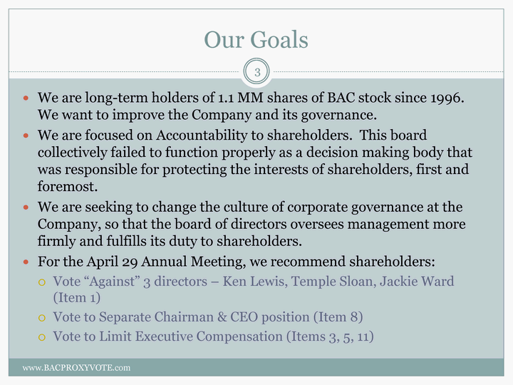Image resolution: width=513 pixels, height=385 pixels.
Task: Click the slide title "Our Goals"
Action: coord(256,40)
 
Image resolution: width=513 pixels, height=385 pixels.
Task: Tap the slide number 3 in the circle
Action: coord(257,72)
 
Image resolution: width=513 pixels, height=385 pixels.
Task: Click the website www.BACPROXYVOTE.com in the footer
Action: coord(76,368)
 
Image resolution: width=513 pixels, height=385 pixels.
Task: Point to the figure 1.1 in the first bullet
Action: coord(225,98)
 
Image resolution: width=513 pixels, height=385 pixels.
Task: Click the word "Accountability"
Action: coord(202,135)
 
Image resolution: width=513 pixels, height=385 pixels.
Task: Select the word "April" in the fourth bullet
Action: coord(103,262)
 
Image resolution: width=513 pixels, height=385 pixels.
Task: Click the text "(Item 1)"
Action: coord(77,298)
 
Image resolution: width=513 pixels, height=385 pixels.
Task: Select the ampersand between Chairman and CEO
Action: coord(222,317)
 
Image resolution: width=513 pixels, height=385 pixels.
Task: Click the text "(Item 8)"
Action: coord(338,317)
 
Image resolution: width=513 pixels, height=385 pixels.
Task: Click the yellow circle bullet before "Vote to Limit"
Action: coord(41,337)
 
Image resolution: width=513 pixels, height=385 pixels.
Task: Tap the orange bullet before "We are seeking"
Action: coord(26,207)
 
